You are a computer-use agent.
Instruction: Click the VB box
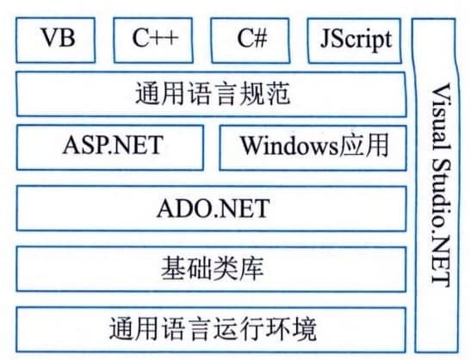pos(56,40)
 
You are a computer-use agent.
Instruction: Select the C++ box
pos(153,40)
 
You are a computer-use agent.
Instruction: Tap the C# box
pos(251,40)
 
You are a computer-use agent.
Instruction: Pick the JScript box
pos(355,40)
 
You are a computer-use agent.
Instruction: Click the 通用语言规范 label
pos(213,94)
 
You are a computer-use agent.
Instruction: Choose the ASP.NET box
pos(110,148)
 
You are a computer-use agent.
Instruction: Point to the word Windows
pos(289,146)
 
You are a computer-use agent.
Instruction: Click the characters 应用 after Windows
pos(363,146)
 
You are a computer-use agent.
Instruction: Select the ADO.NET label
pos(214,208)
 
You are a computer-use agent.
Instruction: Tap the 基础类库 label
pos(213,269)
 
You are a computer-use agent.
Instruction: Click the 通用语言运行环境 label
pos(213,328)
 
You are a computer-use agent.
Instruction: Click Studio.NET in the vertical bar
pos(441,223)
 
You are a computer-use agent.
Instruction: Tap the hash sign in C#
pos(260,39)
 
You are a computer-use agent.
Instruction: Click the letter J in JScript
pos(325,39)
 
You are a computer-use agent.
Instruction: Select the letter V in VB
pos(50,38)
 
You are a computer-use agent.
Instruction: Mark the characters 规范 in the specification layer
pos(265,94)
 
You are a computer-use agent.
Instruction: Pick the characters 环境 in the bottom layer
pos(291,328)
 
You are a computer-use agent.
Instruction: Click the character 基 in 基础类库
pos(174,269)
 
